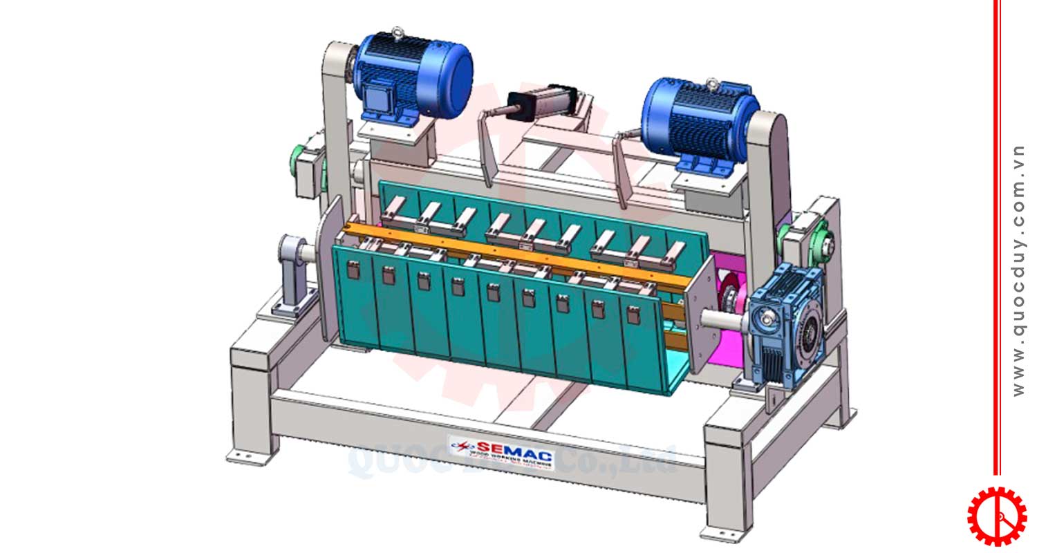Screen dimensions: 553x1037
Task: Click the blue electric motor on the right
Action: pos(698,121)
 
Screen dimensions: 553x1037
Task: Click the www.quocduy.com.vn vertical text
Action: pos(1018,270)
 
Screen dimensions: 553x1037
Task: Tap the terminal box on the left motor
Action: pos(377,97)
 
